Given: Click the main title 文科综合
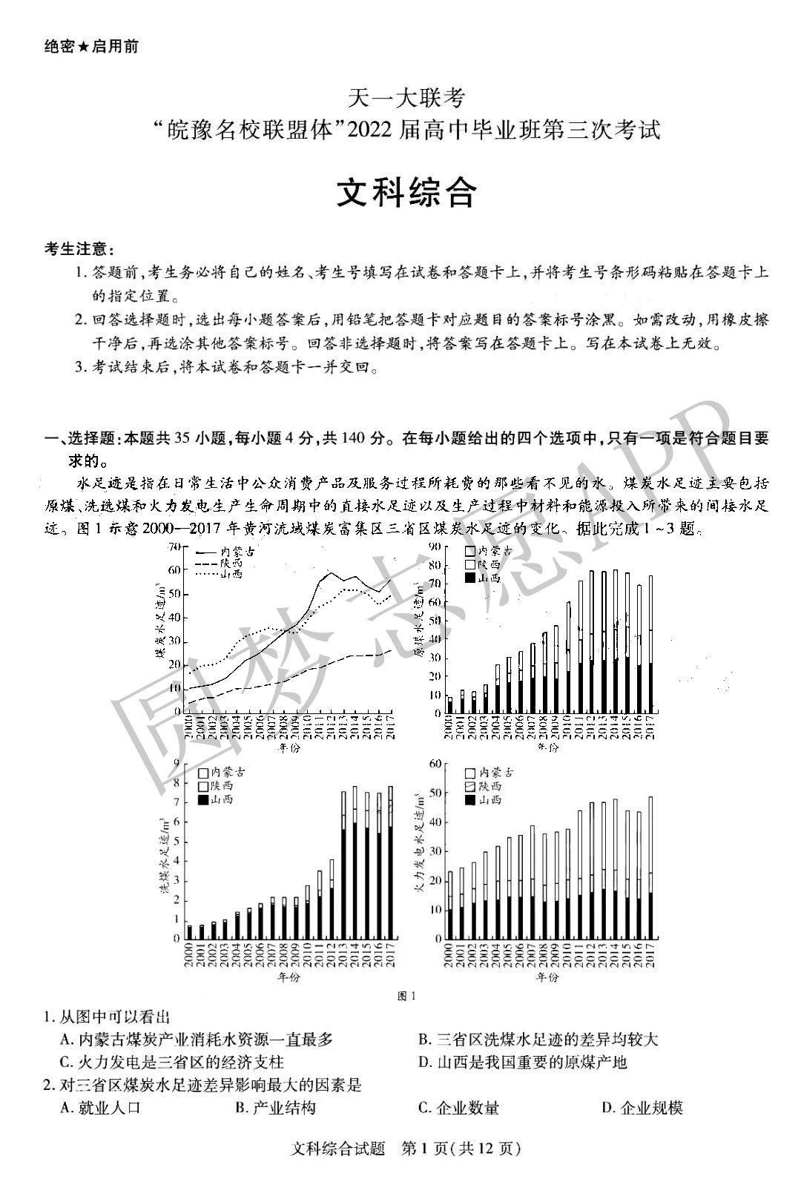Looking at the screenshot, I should tap(406, 194).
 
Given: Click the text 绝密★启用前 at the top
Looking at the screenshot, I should tap(91, 46).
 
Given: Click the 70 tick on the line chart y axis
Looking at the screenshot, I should tap(175, 546).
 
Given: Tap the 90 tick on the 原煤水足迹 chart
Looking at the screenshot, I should tap(435, 546).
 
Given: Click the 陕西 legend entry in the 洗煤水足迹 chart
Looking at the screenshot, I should tap(215, 786).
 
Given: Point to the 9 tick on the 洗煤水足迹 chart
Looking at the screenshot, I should tap(177, 763).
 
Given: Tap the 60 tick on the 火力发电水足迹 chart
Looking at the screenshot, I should tap(435, 763).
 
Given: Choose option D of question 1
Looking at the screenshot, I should tap(523, 1062).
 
